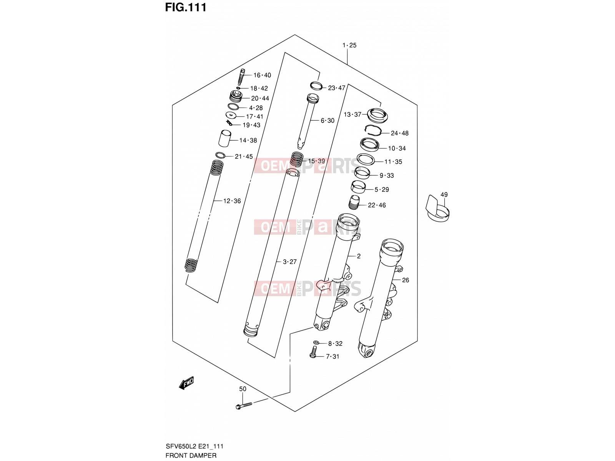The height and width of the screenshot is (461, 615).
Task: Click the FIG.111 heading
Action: [186, 7]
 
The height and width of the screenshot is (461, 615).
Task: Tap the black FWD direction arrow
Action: [186, 383]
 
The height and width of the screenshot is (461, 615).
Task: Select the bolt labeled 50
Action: [244, 405]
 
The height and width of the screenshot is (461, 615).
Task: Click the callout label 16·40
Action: [262, 75]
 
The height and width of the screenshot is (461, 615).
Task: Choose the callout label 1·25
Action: [349, 45]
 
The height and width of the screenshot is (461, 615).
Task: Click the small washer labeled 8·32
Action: [316, 343]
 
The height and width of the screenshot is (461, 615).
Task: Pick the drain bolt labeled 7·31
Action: [314, 352]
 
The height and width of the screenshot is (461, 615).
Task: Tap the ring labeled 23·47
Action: [316, 86]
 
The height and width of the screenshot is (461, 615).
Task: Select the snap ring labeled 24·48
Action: [373, 131]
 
